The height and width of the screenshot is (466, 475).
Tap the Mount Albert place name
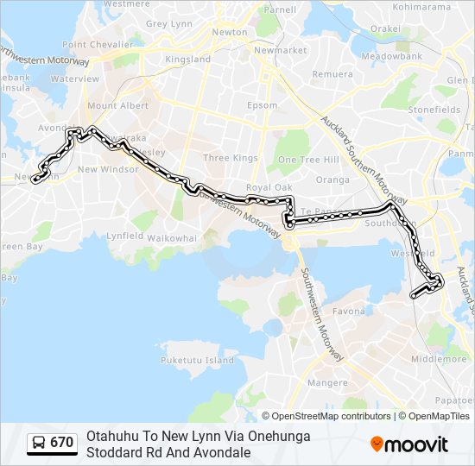tap(117, 106)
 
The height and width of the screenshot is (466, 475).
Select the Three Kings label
tap(231, 158)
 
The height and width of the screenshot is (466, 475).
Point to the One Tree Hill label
tap(308, 160)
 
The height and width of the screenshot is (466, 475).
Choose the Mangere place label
tap(327, 383)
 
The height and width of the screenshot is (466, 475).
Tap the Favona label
tap(349, 311)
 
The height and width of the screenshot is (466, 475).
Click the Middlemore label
tap(439, 359)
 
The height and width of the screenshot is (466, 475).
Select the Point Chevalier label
tap(98, 44)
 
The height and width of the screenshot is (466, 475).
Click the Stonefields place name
tap(434, 110)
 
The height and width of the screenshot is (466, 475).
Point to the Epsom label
tap(263, 106)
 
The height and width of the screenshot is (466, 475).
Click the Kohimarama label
tap(422, 7)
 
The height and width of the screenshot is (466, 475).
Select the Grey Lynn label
tap(168, 24)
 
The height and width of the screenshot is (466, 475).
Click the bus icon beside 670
tap(40, 443)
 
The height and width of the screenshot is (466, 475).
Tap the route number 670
tap(62, 443)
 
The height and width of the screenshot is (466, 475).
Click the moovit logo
tap(409, 444)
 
